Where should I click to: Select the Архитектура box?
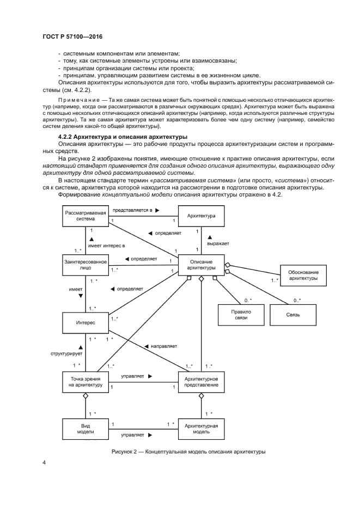200,216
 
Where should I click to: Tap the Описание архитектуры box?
200,265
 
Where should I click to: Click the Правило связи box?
238,314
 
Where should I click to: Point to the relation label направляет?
163,346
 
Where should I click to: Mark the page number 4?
44,463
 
